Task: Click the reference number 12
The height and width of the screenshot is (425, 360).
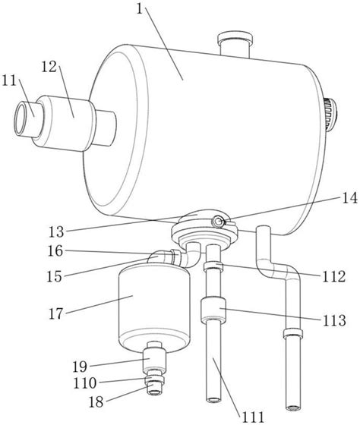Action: click(x=49, y=67)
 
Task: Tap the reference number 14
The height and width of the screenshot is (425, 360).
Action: click(x=349, y=198)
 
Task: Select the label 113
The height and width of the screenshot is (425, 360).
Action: click(x=334, y=320)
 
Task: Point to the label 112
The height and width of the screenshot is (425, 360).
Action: click(x=333, y=277)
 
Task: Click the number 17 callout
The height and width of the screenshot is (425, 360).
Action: click(x=56, y=314)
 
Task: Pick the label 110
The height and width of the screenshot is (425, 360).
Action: click(x=85, y=383)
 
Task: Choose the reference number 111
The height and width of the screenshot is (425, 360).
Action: click(x=253, y=417)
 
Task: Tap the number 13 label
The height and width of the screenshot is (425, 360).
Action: click(x=56, y=232)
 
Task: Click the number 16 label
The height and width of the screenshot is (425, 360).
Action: click(x=55, y=251)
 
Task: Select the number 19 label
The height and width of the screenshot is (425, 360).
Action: click(x=80, y=367)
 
